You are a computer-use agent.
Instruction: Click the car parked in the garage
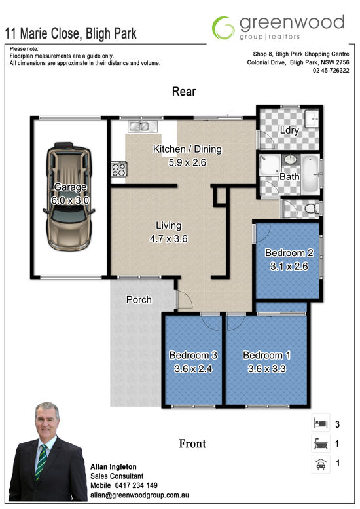coord(69,197)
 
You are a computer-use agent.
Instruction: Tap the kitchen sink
coord(143,126)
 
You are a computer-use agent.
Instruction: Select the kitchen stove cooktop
coord(118,169)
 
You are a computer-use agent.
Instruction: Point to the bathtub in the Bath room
coord(311,175)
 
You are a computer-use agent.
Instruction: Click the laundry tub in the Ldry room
coord(312,119)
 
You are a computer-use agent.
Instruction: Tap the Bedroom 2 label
coord(289,253)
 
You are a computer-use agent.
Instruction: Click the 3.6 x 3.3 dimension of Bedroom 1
coord(267,369)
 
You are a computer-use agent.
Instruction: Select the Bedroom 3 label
coord(193,355)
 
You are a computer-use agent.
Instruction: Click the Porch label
coord(139,299)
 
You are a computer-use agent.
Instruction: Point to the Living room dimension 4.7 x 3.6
coord(169,239)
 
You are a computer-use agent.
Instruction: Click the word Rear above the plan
coord(184,92)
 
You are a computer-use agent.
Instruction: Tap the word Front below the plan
coord(192,443)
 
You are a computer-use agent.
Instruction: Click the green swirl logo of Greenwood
coord(223,28)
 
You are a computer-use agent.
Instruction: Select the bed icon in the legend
coord(321,423)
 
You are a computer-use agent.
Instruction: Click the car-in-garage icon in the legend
coord(321,464)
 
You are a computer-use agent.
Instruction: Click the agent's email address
coord(139,495)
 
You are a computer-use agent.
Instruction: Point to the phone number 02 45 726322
coord(331,71)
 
